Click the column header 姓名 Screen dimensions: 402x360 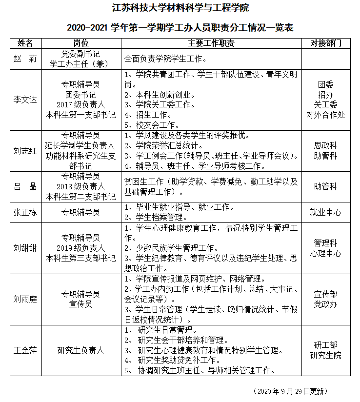(x=25, y=43)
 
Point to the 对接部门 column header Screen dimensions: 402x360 (x=325, y=43)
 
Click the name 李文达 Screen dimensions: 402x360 (x=25, y=100)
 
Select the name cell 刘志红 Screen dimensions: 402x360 (x=25, y=151)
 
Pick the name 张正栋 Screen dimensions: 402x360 (x=25, y=212)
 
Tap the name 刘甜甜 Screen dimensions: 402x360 (x=25, y=248)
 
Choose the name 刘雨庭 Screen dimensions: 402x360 (x=25, y=299)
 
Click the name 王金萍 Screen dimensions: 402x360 (x=25, y=350)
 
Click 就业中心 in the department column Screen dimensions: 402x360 (x=325, y=212)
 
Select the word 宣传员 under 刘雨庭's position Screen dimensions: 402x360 (x=80, y=304)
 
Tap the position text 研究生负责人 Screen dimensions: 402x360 (x=80, y=350)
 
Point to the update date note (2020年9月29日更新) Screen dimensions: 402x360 (x=290, y=391)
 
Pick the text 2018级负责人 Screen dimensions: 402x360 (x=80, y=186)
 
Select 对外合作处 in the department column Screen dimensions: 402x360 (x=325, y=115)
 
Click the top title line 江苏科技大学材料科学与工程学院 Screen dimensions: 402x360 (x=180, y=8)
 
